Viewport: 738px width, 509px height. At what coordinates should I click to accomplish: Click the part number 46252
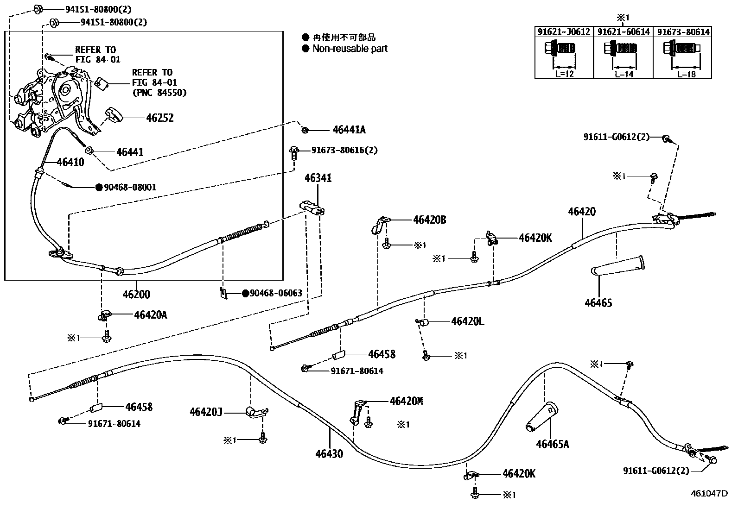coord(160,118)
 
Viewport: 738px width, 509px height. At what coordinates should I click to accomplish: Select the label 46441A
coord(349,130)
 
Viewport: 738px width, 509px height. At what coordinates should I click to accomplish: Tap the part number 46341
coord(318,178)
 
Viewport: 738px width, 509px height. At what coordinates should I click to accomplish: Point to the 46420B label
coord(430,220)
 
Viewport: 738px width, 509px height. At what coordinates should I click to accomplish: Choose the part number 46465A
coord(553,444)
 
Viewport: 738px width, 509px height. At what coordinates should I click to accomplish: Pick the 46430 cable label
coord(329,454)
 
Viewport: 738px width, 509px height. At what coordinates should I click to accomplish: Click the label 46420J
coord(206,412)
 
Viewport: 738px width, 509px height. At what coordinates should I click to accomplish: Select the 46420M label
coord(406,401)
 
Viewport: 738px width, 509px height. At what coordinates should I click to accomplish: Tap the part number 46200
coord(136,294)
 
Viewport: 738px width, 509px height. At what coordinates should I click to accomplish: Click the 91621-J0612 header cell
coord(564,32)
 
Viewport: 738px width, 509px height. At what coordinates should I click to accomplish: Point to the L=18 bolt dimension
coord(686,74)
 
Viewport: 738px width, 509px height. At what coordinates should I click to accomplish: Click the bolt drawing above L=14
coord(620,48)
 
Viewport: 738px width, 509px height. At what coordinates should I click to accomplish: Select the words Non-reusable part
coord(350,49)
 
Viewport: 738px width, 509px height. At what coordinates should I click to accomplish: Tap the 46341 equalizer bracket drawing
coord(312,208)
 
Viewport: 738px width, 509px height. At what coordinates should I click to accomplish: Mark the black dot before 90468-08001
coord(99,187)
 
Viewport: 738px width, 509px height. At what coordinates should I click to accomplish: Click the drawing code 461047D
coord(709,494)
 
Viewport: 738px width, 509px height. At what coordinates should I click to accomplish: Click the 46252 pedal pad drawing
coord(114,114)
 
